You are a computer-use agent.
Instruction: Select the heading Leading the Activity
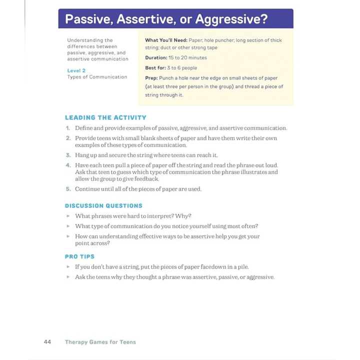(105, 118)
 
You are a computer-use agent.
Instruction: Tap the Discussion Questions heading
(103, 205)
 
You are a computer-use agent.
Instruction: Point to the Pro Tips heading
(79, 256)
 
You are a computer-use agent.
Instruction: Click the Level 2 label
(76, 71)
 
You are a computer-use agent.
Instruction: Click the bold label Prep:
(151, 78)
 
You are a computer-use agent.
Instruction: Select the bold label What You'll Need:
(166, 40)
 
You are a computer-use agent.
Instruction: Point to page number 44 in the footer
(47, 342)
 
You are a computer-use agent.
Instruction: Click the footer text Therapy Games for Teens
(100, 342)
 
